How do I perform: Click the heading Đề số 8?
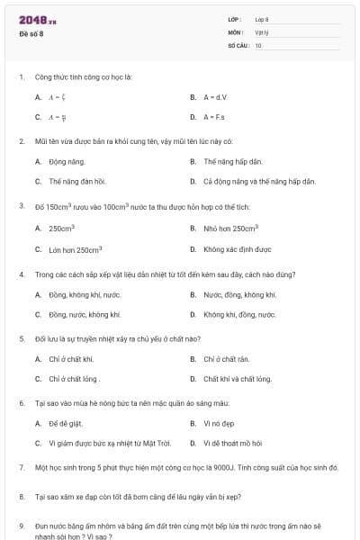[31, 34]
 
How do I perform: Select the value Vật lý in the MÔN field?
[261, 32]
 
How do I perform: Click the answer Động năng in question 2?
[64, 162]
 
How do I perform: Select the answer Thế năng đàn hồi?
[77, 182]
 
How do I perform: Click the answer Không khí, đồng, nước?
[239, 315]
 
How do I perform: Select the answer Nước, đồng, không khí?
[239, 295]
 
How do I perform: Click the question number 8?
[21, 497]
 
